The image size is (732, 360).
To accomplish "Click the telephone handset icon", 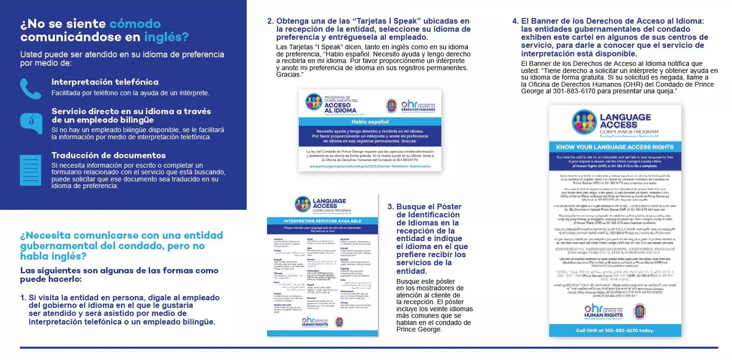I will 31,89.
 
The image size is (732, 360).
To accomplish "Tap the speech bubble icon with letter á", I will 31,123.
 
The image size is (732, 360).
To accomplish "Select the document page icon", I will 31,170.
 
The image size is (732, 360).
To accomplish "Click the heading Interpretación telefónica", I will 105,82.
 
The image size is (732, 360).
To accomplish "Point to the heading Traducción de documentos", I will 109,155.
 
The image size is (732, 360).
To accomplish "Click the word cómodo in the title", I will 135,24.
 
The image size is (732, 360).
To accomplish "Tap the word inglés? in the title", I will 166,37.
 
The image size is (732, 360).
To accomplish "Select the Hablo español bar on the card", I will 370,122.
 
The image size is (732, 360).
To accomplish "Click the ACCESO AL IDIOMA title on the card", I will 341,108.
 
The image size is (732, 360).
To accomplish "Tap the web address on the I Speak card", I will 370,166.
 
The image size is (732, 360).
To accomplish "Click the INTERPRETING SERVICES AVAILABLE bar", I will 322,221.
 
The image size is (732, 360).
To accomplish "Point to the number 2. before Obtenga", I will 271,22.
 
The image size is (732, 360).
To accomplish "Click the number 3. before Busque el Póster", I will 391,207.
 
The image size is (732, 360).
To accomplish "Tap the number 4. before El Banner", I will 515,22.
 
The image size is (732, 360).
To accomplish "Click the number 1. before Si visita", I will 23,298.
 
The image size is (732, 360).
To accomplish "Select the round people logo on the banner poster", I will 583,122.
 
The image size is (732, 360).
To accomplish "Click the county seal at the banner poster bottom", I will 639,311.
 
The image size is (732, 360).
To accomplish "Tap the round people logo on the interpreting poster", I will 303,204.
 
